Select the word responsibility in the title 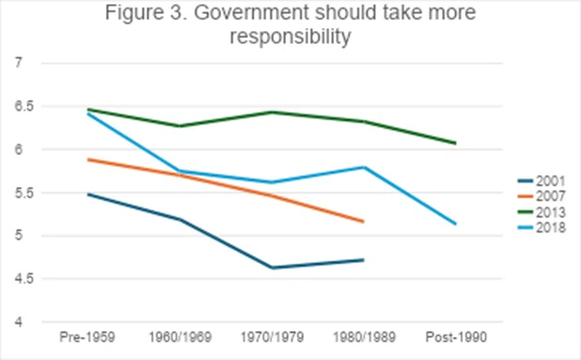pos(290,37)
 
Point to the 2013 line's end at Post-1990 pos(456,143)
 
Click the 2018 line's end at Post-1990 pos(456,224)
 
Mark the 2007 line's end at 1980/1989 pos(363,222)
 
